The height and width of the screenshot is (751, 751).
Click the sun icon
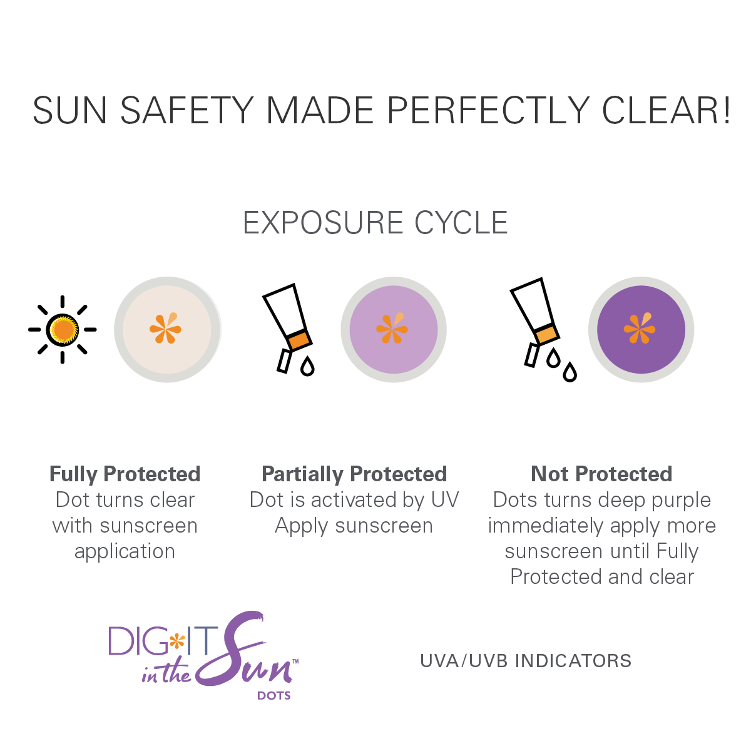click(63, 329)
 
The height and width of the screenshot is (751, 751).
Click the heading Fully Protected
click(125, 474)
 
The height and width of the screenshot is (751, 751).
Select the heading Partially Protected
click(354, 474)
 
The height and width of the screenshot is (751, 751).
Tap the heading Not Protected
click(601, 474)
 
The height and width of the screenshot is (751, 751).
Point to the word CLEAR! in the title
click(666, 111)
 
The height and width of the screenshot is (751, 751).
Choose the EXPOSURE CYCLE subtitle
click(375, 223)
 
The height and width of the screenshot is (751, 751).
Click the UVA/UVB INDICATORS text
click(526, 661)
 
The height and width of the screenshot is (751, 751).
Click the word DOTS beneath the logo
click(274, 695)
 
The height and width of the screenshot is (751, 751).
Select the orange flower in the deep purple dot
click(640, 329)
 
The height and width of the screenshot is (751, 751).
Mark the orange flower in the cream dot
click(166, 329)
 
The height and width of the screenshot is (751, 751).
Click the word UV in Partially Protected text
click(445, 500)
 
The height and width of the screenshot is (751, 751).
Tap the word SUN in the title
click(70, 111)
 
